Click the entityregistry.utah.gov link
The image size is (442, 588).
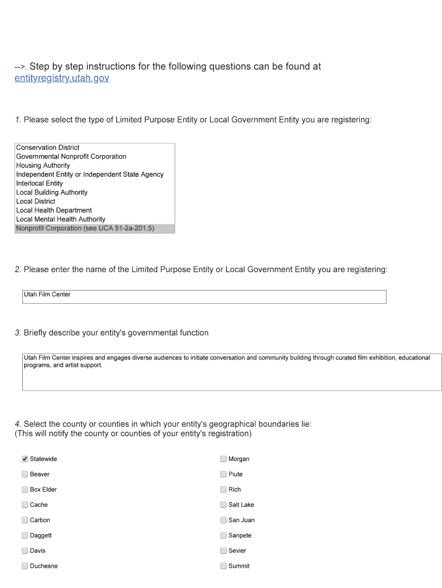coord(61,78)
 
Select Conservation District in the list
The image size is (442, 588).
coord(48,148)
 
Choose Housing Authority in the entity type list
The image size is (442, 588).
coord(43,165)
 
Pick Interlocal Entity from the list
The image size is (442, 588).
coord(40,183)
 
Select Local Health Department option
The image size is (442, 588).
coord(54,210)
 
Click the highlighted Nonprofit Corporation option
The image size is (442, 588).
coord(85,228)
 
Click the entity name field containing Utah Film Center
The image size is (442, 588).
coord(204,296)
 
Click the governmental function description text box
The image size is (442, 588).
coord(231,372)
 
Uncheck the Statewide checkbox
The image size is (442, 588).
coord(25,459)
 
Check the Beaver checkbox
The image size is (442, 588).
coord(25,474)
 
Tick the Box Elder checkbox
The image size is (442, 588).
coord(25,489)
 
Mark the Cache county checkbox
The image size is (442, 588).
coord(25,505)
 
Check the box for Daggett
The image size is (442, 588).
coord(25,535)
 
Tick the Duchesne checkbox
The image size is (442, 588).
coord(25,566)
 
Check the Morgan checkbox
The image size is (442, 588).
coord(223,459)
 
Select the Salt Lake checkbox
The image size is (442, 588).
coord(223,505)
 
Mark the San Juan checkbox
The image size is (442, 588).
coord(223,520)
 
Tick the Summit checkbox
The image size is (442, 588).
coord(223,566)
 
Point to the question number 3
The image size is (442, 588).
coord(18,333)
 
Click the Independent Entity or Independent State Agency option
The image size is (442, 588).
coord(90,175)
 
